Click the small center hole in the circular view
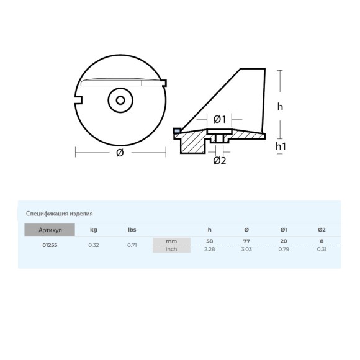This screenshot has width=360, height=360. [119, 99]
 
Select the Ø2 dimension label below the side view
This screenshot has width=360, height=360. [219, 160]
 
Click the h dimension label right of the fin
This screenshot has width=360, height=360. [280, 106]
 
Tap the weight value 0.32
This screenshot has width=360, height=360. [93, 245]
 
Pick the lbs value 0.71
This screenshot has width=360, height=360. [132, 245]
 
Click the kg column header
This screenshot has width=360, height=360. [93, 230]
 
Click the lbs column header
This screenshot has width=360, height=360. [132, 230]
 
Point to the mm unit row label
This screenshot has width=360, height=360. [172, 241]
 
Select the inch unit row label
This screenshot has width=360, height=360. [172, 249]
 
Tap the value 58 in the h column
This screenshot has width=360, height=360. [209, 240]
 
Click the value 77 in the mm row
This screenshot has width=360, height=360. [246, 240]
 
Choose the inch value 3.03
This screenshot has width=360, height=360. [246, 249]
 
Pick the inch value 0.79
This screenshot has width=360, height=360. [284, 249]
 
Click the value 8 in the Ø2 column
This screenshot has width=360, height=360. [322, 240]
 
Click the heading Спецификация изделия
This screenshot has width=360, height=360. [60, 214]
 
